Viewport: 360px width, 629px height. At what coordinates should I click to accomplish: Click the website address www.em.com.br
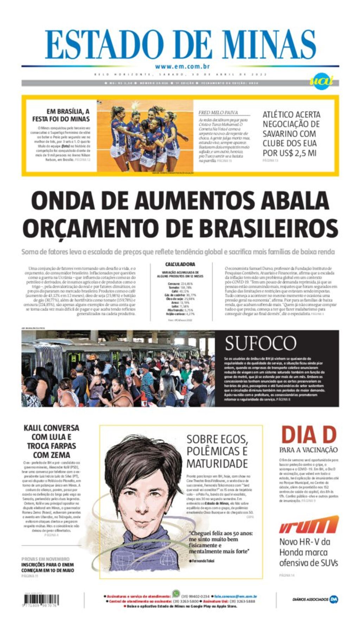coord(182,66)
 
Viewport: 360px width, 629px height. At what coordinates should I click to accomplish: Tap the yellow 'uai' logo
coord(321,82)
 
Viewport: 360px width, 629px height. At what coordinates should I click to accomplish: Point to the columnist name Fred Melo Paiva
coord(218,113)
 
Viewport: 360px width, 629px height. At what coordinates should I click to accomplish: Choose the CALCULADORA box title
coord(180,264)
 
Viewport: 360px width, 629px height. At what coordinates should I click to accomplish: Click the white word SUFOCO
coord(261,343)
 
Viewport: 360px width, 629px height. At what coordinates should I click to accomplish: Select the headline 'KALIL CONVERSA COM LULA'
coord(51,441)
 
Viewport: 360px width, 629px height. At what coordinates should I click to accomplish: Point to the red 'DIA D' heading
coord(309,435)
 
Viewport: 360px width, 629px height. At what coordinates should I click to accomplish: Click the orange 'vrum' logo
coord(309,525)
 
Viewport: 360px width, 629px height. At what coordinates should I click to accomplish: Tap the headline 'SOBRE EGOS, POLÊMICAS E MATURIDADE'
coord(217,451)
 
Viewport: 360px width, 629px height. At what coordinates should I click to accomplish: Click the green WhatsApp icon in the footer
coord(176,594)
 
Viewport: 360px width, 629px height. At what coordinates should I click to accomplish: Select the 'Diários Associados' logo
coord(315,599)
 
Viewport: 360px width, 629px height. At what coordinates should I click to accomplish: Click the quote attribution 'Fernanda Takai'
coord(203,561)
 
